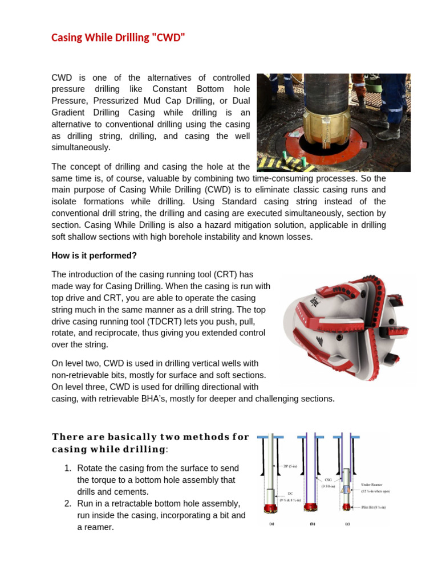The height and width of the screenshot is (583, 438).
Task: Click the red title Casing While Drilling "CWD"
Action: point(119,38)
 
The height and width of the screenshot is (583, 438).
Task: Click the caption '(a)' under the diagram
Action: point(270,525)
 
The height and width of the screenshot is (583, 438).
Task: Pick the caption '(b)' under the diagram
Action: point(313,525)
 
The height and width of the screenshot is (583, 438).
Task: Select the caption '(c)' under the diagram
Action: point(347,525)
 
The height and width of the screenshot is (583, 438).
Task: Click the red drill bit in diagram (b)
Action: point(311,506)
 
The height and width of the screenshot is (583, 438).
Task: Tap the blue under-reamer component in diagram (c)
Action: point(346,488)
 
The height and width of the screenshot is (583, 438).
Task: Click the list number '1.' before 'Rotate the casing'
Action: point(67,468)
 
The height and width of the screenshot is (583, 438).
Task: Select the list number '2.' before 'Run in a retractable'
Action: point(67,504)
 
